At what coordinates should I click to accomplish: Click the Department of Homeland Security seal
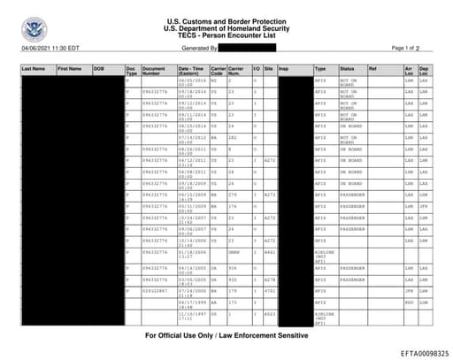[35, 29]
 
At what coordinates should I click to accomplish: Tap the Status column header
[347, 67]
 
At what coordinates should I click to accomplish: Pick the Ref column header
[372, 67]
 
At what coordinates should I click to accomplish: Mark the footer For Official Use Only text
[226, 337]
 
